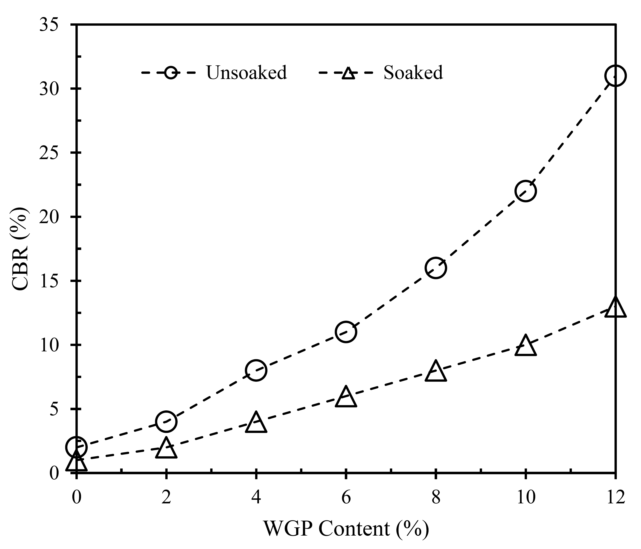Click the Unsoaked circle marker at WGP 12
[x=615, y=76]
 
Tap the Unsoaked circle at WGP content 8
[x=436, y=268]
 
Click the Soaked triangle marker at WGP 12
[x=615, y=308]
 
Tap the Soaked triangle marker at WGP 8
[x=436, y=372]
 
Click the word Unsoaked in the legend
[x=246, y=73]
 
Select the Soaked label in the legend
[x=413, y=73]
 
